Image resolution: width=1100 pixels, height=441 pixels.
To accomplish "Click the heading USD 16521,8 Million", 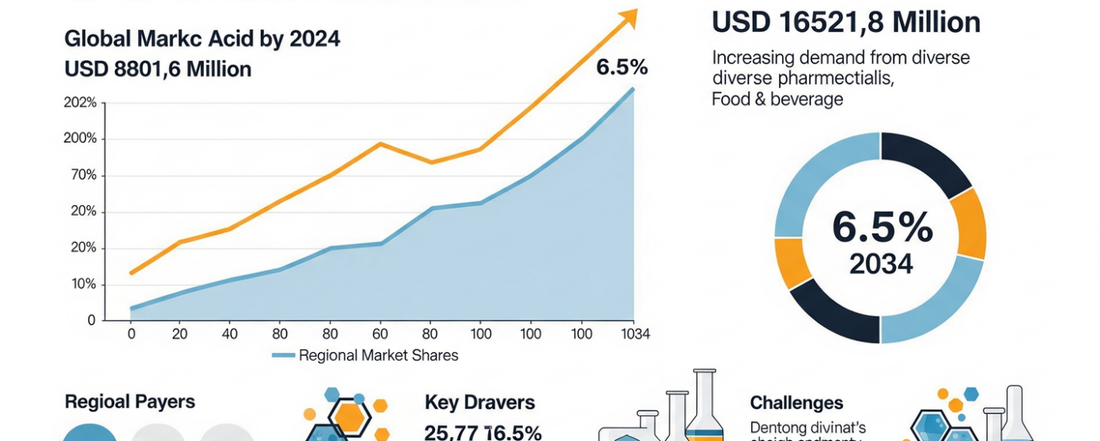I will click(845, 22).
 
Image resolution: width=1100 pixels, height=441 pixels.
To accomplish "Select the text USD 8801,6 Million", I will click(158, 70).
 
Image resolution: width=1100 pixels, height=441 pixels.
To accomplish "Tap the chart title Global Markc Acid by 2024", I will click(202, 38).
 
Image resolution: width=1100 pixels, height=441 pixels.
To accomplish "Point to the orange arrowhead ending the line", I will click(629, 17).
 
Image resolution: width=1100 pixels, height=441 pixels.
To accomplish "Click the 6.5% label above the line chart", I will click(621, 67).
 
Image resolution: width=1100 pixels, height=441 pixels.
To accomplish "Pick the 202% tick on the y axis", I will click(79, 103).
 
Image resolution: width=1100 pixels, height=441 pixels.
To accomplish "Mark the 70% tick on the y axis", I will click(83, 176).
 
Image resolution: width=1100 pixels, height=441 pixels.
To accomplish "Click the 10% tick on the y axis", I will click(83, 285).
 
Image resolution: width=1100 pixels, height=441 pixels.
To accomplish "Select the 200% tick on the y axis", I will click(79, 139).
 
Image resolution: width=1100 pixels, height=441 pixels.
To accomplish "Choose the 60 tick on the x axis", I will click(381, 334).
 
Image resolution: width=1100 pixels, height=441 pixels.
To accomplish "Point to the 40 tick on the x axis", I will click(230, 334).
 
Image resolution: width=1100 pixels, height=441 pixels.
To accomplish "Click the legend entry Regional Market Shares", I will click(377, 355).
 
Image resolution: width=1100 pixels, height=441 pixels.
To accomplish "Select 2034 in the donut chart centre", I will click(881, 265).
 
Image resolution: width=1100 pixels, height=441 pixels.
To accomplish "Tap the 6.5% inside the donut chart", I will click(882, 228).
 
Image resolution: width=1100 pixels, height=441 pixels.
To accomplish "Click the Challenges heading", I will click(796, 403).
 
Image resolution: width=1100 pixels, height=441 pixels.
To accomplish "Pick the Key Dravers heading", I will click(479, 403).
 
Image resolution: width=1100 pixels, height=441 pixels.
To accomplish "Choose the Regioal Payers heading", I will click(129, 402).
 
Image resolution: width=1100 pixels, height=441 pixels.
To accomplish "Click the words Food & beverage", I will click(776, 99).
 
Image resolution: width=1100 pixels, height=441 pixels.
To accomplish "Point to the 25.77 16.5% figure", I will click(483, 433).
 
